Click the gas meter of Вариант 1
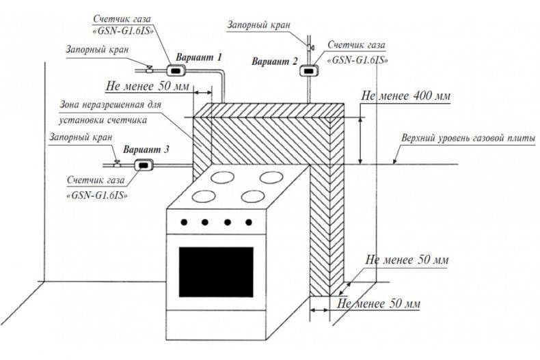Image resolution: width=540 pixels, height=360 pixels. click(x=176, y=70)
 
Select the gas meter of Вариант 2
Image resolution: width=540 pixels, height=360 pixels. click(x=308, y=70)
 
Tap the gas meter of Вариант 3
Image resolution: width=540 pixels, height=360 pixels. click(x=144, y=165)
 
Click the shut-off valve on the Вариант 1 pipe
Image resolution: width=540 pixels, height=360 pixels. click(x=150, y=69)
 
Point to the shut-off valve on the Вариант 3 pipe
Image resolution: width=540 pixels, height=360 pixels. click(x=117, y=164)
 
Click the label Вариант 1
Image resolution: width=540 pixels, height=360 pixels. click(x=199, y=57)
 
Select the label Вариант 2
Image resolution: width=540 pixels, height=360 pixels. click(x=275, y=61)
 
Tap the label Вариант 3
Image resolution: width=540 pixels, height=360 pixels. click(x=146, y=150)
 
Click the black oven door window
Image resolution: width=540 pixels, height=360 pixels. click(x=216, y=272)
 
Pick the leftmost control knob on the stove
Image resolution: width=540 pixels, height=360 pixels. click(x=185, y=222)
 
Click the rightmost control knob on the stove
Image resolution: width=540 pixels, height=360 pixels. click(x=249, y=222)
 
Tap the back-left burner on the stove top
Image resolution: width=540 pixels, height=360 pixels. click(x=222, y=177)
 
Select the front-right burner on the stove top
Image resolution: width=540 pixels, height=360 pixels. click(x=253, y=197)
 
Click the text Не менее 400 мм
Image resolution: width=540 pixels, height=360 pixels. click(x=406, y=96)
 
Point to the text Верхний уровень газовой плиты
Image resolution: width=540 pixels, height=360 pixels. click(x=468, y=139)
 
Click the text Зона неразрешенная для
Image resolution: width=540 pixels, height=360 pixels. click(x=111, y=105)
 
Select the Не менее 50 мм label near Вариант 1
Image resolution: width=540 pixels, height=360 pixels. click(x=148, y=86)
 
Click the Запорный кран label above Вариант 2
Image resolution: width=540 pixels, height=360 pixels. click(x=258, y=25)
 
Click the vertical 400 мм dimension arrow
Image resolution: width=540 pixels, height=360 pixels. click(x=361, y=141)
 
